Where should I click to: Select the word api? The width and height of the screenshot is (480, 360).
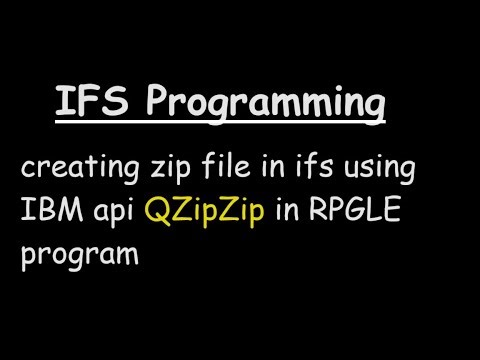click(113, 213)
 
